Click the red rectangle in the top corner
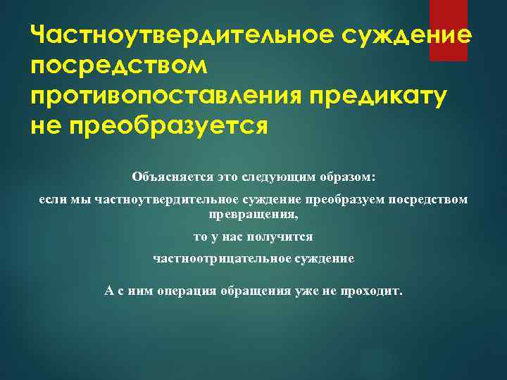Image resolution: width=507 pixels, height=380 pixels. [x=449, y=30]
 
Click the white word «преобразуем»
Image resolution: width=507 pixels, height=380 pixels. [x=339, y=200]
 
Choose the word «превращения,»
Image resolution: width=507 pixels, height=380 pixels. [x=254, y=213]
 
